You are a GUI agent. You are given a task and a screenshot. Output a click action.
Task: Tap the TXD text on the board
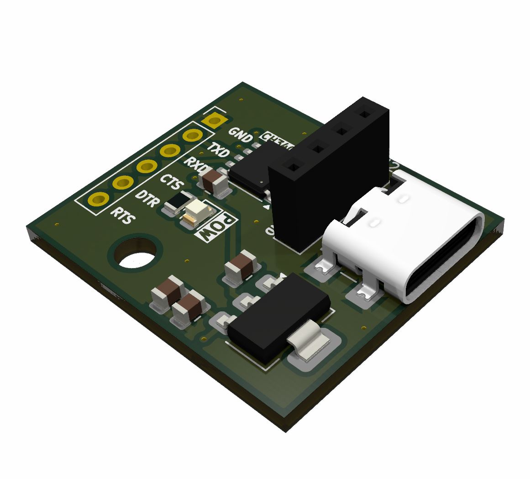click(x=219, y=150)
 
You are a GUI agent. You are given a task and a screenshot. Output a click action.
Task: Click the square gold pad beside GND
click(x=213, y=121)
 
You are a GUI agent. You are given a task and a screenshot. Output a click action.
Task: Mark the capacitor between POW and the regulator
click(x=241, y=267)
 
